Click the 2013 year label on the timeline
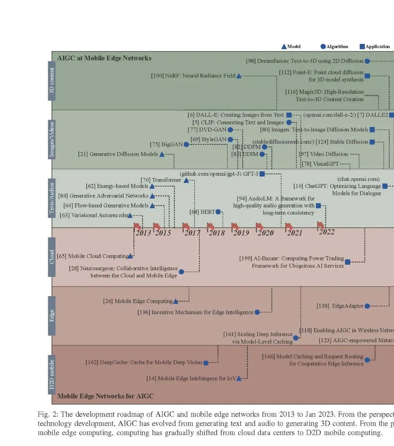click(143, 233)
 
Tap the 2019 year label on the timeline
click(241, 233)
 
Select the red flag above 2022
click(320, 224)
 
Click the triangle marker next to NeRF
click(238, 76)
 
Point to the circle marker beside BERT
click(218, 212)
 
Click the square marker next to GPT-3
click(262, 174)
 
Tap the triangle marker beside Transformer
click(186, 180)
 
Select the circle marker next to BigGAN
click(186, 144)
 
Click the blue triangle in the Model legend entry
click(284, 47)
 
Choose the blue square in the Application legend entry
click(362, 47)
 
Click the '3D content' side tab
click(52, 80)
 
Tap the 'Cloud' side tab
click(52, 257)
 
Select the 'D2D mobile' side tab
click(52, 374)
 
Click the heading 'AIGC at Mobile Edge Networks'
click(104, 58)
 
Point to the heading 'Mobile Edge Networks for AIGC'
click(105, 396)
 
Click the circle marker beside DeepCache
click(206, 363)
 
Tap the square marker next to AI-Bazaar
click(347, 262)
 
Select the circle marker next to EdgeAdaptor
click(367, 306)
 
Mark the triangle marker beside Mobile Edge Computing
click(175, 301)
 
